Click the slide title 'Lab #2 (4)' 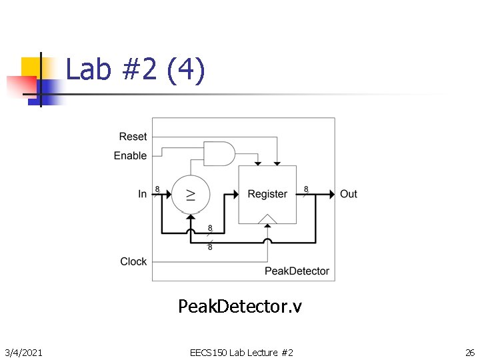click(135, 69)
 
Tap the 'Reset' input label click(133, 137)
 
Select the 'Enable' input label click(130, 155)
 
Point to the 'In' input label click(142, 194)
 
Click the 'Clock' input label click(133, 261)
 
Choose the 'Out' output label click(349, 194)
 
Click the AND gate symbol click(219, 153)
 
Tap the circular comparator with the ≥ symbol click(191, 194)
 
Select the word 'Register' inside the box click(267, 194)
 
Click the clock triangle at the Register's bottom click(267, 219)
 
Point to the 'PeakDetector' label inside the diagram click(297, 271)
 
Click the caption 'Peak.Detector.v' click(240, 306)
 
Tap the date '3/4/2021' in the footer click(24, 352)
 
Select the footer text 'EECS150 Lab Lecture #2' click(241, 352)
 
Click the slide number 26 click(469, 352)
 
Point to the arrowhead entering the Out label click(331, 194)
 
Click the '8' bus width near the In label click(157, 189)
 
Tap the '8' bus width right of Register click(306, 189)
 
